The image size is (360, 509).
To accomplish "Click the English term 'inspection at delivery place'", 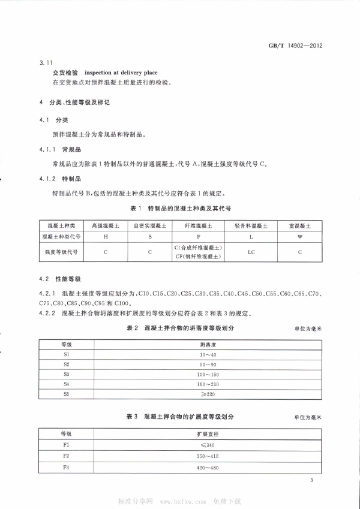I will click(124, 73).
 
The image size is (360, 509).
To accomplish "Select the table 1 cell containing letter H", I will click(106, 237).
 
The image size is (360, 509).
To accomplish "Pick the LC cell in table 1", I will click(251, 252).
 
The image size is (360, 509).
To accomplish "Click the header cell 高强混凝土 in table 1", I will click(106, 226).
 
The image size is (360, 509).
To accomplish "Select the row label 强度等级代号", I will click(62, 252).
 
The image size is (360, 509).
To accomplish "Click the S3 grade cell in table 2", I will click(66, 374).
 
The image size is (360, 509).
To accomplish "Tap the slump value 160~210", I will click(208, 384).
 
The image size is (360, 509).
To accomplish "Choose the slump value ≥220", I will click(208, 394).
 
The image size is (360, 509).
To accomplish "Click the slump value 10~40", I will click(208, 355).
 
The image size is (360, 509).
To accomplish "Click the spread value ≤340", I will click(208, 445).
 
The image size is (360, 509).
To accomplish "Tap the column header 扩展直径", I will click(208, 433).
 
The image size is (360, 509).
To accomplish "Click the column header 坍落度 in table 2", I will click(208, 345).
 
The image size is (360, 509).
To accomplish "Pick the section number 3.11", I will click(46, 62).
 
